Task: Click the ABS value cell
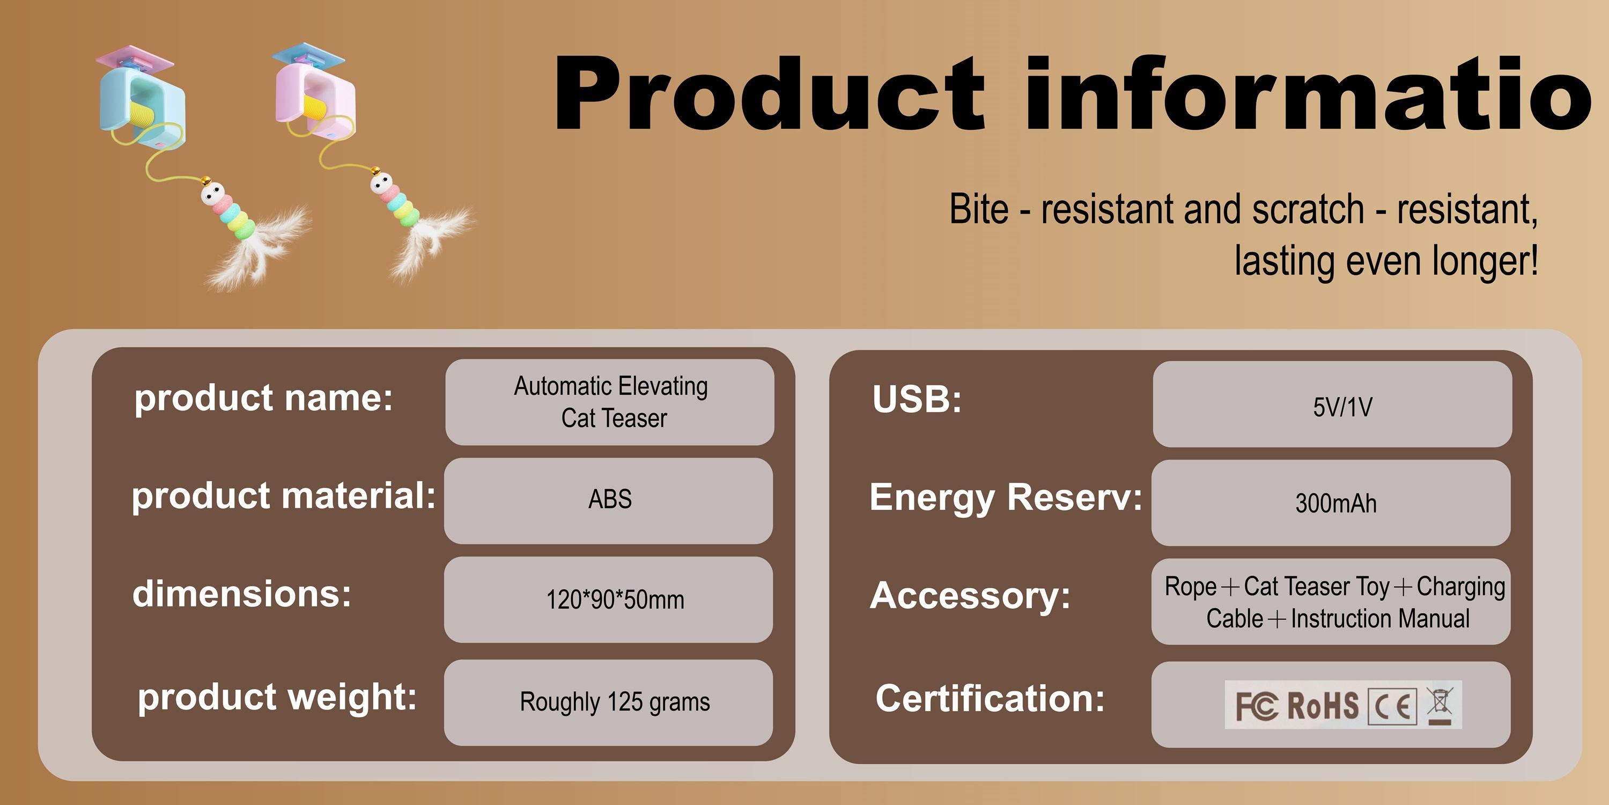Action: click(608, 501)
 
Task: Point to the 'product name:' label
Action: click(263, 398)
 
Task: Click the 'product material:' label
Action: click(284, 496)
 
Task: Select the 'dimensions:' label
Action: click(242, 593)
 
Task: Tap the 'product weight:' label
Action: click(277, 697)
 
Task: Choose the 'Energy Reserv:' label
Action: click(1006, 497)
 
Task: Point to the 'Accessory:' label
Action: click(970, 595)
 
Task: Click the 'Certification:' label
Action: click(990, 698)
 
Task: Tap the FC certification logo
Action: click(1257, 706)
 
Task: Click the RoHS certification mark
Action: click(1323, 706)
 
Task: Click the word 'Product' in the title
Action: click(770, 94)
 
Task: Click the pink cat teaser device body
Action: click(316, 104)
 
